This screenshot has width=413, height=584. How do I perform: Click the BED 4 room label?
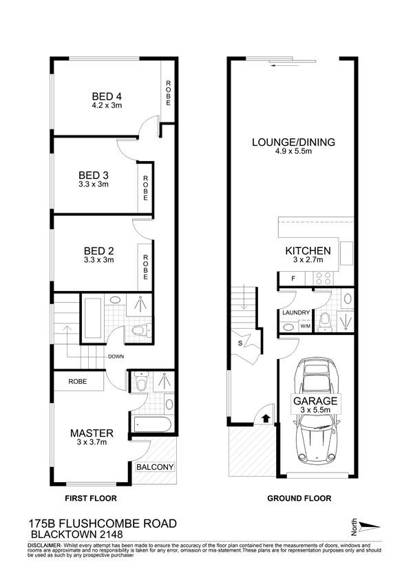click(x=107, y=97)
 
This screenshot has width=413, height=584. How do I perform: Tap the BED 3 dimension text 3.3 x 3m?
click(x=94, y=184)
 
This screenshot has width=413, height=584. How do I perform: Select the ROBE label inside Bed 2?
click(x=145, y=268)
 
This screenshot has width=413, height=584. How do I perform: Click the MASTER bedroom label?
click(x=92, y=433)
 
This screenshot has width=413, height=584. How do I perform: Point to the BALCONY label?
click(x=155, y=467)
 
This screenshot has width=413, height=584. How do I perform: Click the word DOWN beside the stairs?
click(x=116, y=356)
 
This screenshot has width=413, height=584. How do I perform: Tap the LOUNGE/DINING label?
click(x=293, y=142)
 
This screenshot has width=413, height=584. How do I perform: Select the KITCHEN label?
click(x=308, y=251)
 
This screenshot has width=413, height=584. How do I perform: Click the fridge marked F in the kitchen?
click(x=293, y=278)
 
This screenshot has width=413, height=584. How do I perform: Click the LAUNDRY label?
click(x=296, y=312)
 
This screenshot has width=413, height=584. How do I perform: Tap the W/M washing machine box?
click(x=306, y=327)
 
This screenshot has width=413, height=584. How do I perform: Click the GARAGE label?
click(x=315, y=401)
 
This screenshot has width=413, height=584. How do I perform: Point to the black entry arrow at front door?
click(x=266, y=419)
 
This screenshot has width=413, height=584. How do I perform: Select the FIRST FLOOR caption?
click(x=91, y=498)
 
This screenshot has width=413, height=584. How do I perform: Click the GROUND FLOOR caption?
click(x=299, y=498)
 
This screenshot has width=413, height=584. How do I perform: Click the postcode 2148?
click(x=111, y=535)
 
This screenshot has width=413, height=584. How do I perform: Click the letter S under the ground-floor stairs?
click(x=240, y=343)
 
